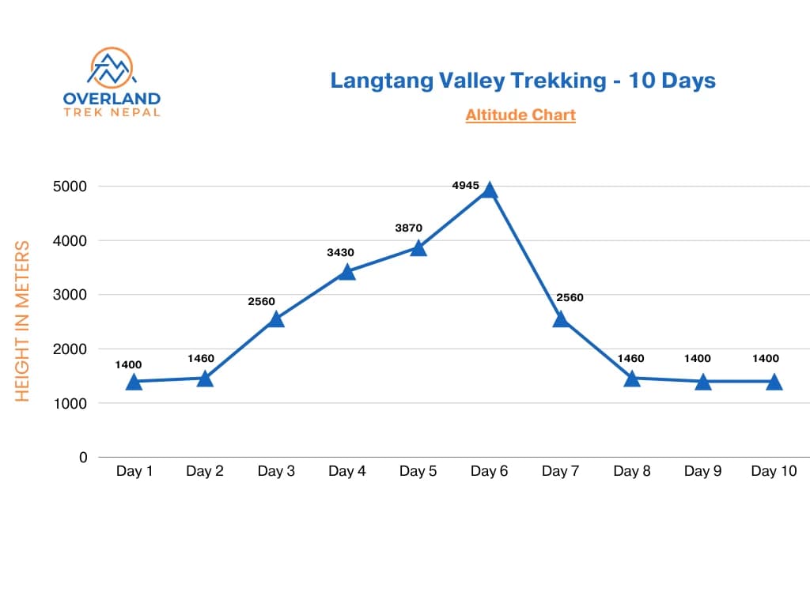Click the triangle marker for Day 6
[490, 190]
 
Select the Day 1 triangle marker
[134, 382]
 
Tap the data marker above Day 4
[347, 272]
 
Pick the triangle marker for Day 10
[774, 382]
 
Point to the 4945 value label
[466, 185]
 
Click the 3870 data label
[409, 228]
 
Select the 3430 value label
[340, 252]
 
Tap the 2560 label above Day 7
[570, 298]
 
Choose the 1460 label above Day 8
[630, 358]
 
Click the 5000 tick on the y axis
[70, 187]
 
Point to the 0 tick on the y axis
[82, 457]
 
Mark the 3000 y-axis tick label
[70, 295]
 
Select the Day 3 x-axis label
[276, 472]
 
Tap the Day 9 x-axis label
[702, 472]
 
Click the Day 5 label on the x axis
[418, 472]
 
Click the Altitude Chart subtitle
[520, 115]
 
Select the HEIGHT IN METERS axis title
[23, 321]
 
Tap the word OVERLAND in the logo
[112, 99]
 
